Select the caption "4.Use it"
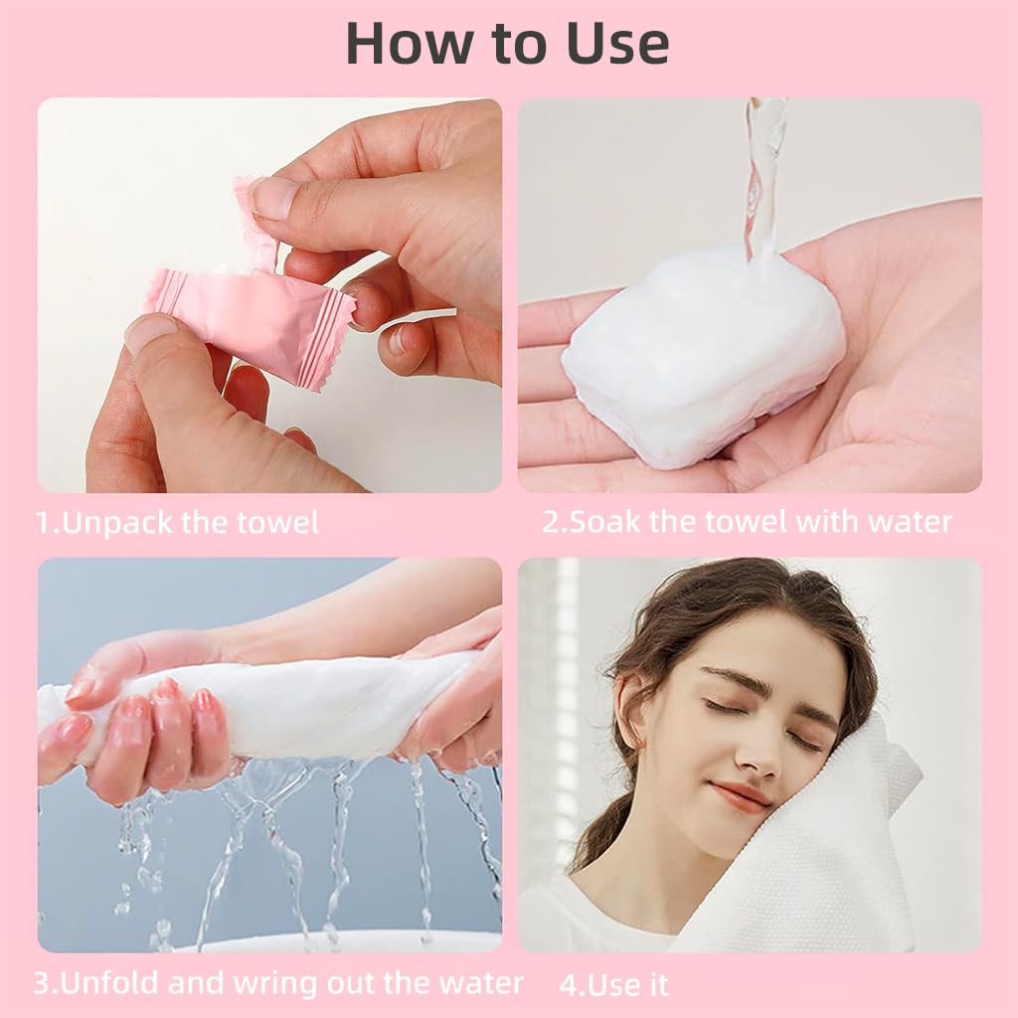[x=613, y=985]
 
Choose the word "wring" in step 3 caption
[x=275, y=984]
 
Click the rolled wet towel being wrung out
[x=298, y=709]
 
